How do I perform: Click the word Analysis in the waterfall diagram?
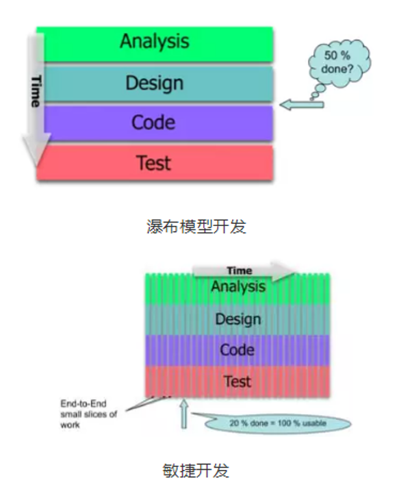pos(155,42)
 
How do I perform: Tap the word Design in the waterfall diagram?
pos(155,84)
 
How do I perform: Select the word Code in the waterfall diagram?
pos(153,123)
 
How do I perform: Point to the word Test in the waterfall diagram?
pos(154,162)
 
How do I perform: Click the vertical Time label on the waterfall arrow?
pos(36,91)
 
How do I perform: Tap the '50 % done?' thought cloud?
pos(340,62)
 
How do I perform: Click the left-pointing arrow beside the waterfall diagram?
pos(302,105)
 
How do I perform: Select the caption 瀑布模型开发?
pos(196,227)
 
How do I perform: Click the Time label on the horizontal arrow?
pos(240,271)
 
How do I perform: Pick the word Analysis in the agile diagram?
pos(238,286)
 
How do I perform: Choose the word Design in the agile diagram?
pos(238,319)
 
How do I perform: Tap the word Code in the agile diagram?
pos(238,350)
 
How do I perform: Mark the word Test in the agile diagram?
pos(238,382)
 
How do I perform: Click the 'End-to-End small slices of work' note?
pos(88,414)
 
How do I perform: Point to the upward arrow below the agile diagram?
pos(184,414)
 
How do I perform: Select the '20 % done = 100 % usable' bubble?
pos(277,423)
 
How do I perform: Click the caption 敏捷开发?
pos(196,471)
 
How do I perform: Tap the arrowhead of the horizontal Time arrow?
pos(283,271)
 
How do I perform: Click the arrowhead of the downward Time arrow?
pos(36,149)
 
